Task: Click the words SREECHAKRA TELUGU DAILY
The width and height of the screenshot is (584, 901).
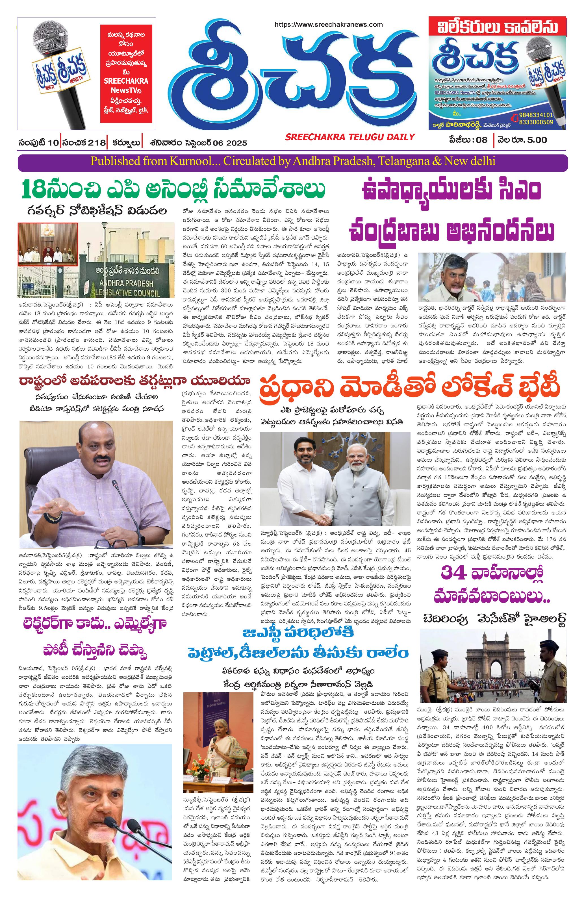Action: coord(350,137)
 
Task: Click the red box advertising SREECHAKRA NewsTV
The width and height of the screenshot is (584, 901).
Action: coord(126,73)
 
